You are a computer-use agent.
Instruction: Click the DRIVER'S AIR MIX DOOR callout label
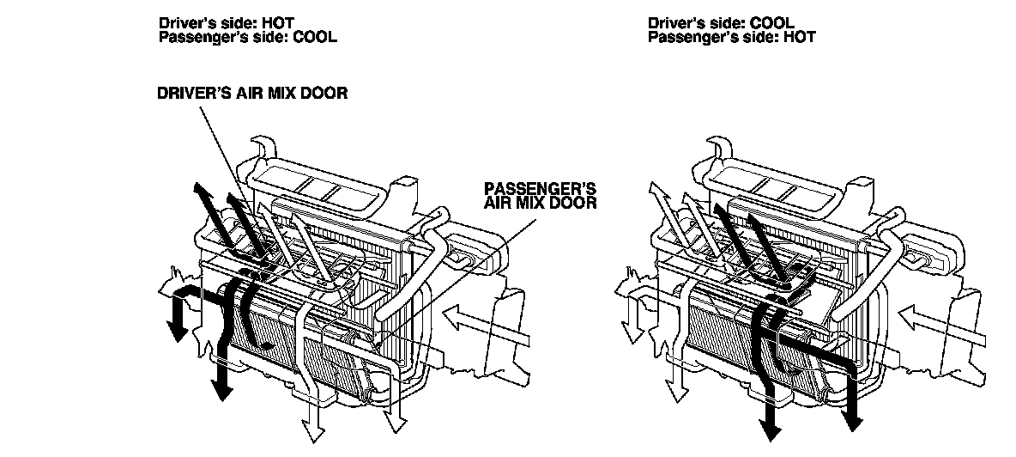pyautogui.click(x=251, y=93)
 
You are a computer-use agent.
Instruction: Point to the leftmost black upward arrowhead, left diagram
pyautogui.click(x=198, y=189)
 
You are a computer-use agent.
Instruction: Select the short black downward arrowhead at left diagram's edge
pyautogui.click(x=178, y=331)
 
